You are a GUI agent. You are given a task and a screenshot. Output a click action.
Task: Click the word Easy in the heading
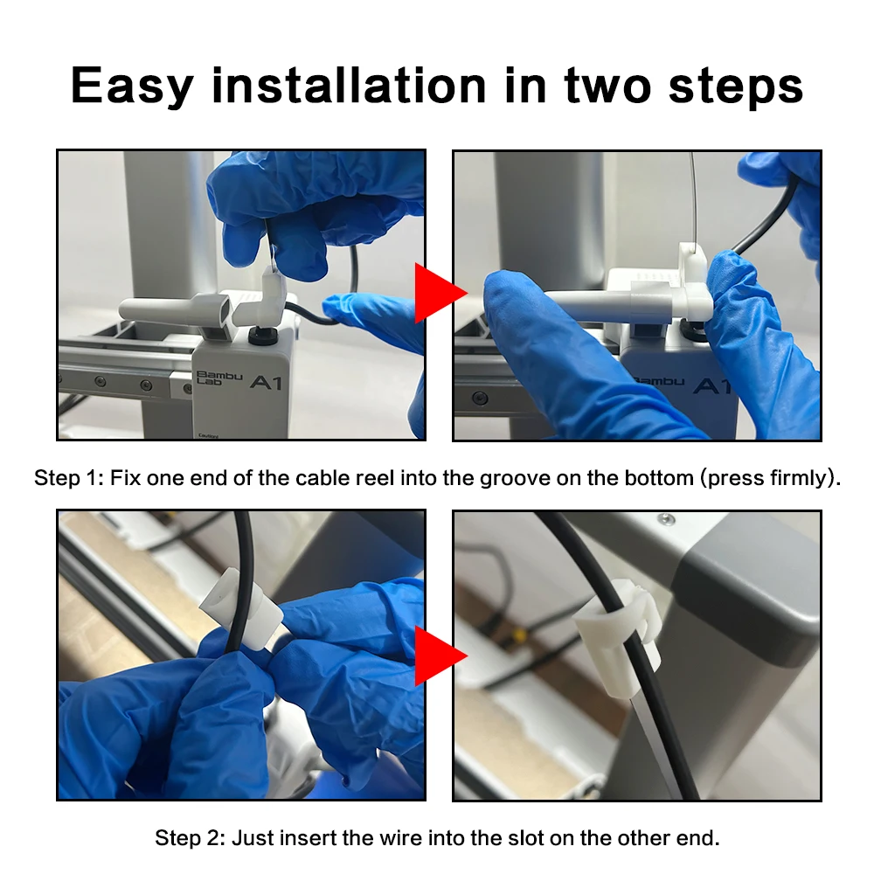pos(132,87)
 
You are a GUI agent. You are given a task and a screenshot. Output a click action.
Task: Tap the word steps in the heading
pos(736,87)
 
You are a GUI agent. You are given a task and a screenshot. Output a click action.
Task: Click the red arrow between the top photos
pos(440,293)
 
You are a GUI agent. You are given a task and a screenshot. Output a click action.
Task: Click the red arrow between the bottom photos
pos(440,655)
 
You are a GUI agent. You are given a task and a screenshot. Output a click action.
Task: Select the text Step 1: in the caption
pos(69,478)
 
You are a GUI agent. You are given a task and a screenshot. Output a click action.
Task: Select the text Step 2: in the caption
pos(190,838)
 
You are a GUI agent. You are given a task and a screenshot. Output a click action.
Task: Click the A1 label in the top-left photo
pos(266,382)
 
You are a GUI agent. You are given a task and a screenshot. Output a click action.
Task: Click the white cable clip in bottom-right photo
pos(616,637)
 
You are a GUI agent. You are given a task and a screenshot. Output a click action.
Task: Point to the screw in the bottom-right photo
pos(665,519)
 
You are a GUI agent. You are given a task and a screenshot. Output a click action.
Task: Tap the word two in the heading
pos(607,87)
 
